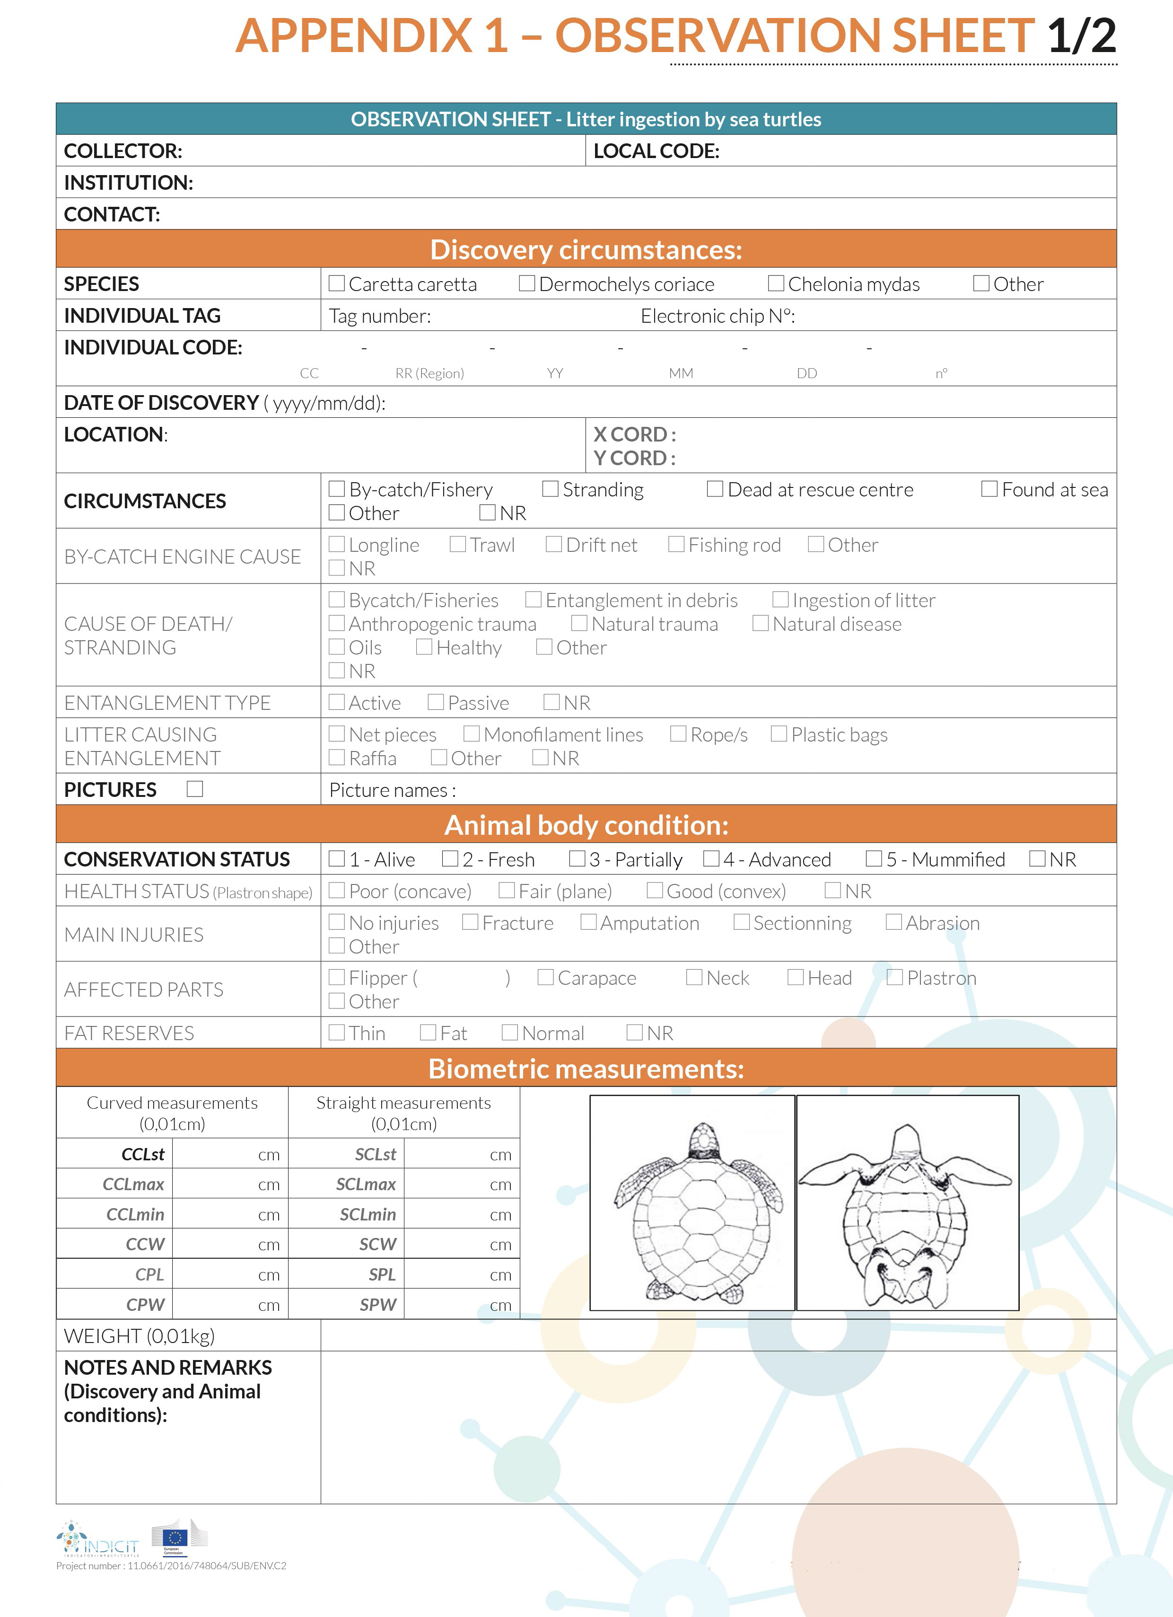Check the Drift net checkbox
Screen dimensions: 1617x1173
coord(554,544)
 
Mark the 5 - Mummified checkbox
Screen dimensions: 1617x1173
coord(874,858)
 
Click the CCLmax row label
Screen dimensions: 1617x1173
coord(133,1184)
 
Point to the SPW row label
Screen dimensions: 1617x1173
coord(378,1305)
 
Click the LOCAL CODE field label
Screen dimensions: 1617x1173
coord(657,151)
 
